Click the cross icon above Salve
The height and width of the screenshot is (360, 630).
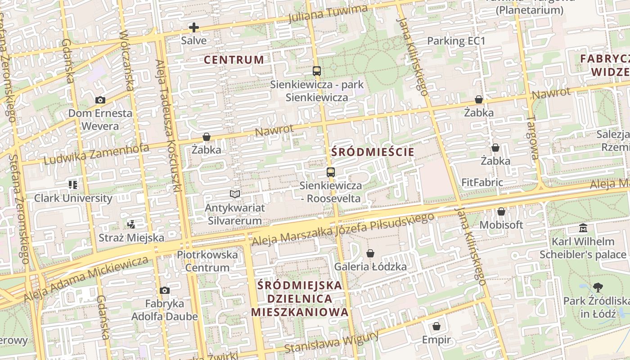[194, 27]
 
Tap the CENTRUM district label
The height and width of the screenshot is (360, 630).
[234, 59]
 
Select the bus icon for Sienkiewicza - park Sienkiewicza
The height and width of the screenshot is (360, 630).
[317, 71]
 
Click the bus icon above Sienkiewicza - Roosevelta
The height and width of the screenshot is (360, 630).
[331, 172]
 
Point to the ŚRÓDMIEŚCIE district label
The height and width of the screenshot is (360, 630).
[373, 152]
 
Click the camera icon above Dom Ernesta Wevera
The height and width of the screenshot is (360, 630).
[100, 100]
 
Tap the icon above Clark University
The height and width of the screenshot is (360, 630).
[73, 184]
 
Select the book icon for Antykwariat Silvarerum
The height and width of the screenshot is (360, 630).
[234, 194]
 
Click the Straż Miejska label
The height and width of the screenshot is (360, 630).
[131, 237]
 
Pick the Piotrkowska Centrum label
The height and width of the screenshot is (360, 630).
[207, 261]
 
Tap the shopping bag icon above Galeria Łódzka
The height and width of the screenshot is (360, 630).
[370, 254]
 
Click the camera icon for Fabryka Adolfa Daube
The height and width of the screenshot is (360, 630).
[165, 291]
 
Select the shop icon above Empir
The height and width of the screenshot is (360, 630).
[436, 326]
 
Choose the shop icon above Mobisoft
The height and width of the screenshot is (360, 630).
[501, 211]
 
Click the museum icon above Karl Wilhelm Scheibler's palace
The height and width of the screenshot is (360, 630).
[583, 228]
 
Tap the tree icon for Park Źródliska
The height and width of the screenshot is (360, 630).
[598, 287]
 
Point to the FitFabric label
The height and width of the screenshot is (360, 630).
[482, 183]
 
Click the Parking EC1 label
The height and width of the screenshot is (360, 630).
[456, 41]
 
